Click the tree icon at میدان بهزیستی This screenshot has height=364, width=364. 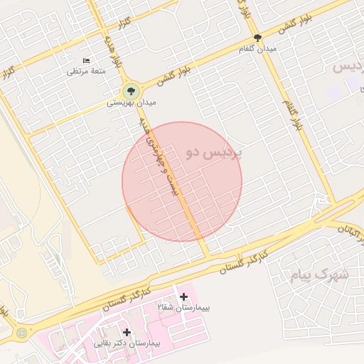(x=130, y=91)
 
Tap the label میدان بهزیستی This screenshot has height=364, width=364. (x=131, y=104)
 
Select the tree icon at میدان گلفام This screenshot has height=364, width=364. (x=257, y=38)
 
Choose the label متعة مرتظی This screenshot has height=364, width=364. (x=86, y=71)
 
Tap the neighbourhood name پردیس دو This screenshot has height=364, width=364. (x=213, y=152)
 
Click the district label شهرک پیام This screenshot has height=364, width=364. (x=320, y=274)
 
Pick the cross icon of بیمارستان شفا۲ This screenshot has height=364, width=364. (x=184, y=296)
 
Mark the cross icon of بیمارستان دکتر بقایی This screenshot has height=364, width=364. (x=127, y=332)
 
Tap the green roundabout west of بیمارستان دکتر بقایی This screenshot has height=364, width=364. (x=22, y=332)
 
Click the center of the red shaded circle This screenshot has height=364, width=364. (x=182, y=181)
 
